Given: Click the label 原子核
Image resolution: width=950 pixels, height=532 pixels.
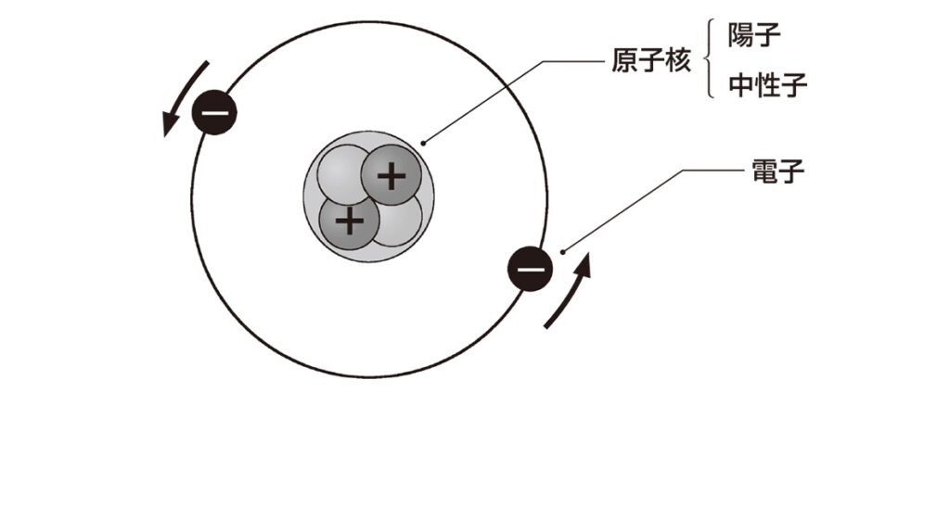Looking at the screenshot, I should (x=652, y=62).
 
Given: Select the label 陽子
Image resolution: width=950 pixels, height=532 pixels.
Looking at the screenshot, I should (x=754, y=38).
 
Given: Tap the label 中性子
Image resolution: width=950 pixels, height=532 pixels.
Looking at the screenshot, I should (x=767, y=86).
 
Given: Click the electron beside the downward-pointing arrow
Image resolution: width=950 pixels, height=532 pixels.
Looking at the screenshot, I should (x=214, y=114).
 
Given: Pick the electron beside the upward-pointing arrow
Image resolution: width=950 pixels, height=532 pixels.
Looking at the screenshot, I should (x=530, y=270).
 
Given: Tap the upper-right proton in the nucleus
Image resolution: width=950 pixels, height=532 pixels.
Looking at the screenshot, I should (x=392, y=174).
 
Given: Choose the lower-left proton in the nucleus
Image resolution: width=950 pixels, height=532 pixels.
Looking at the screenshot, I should (x=349, y=221).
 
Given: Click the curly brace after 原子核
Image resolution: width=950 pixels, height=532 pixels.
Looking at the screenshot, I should (x=712, y=62).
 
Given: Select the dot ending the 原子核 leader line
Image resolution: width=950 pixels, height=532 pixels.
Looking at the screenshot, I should (x=424, y=143).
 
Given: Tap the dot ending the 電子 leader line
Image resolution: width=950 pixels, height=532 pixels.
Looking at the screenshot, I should (x=563, y=248).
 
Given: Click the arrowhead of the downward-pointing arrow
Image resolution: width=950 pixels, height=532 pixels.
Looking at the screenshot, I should (x=169, y=126).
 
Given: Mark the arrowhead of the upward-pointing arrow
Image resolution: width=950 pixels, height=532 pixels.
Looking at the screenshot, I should (x=584, y=264).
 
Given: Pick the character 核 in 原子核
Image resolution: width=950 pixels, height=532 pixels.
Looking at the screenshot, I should (x=678, y=62).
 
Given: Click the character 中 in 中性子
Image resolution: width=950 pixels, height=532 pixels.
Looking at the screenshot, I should (x=741, y=86).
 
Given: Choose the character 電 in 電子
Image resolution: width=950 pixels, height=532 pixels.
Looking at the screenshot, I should (x=762, y=171).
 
